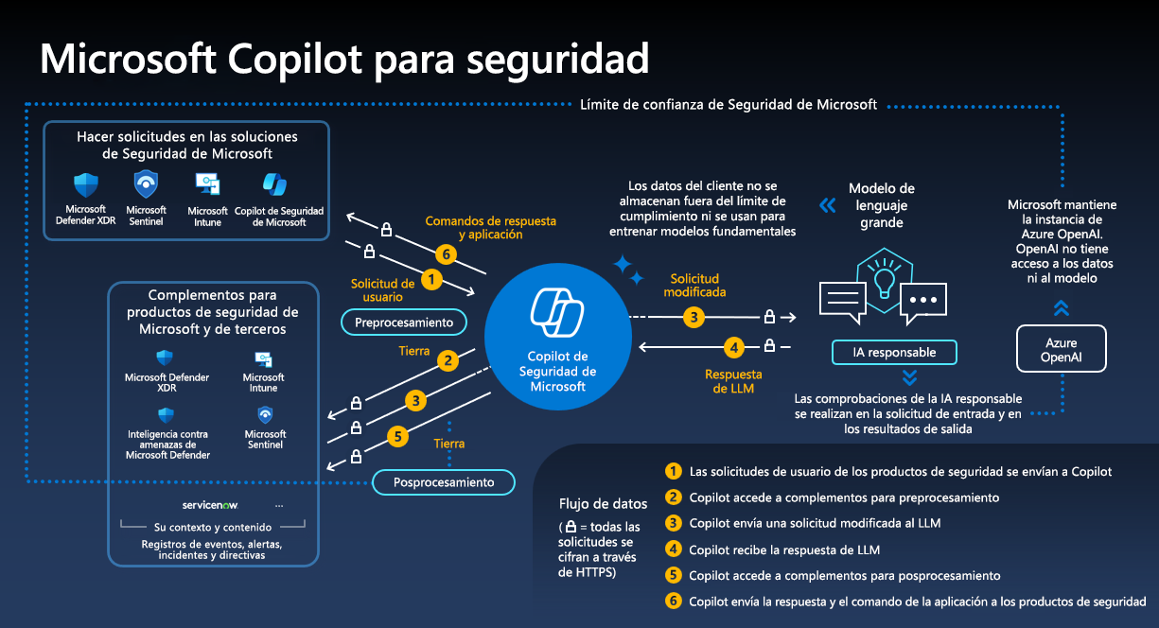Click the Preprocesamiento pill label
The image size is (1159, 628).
(x=404, y=323)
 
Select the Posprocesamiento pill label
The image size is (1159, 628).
(x=444, y=482)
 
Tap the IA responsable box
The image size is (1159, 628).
(x=894, y=353)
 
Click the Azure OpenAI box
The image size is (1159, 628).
(x=1060, y=349)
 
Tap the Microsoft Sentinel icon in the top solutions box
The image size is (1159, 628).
(x=146, y=183)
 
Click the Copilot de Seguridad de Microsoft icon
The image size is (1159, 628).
(x=274, y=183)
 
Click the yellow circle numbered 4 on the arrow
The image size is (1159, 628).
(x=733, y=347)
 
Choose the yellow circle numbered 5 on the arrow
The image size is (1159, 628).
(x=398, y=436)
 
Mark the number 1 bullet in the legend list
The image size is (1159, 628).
(x=674, y=471)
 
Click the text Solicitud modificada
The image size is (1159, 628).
(x=694, y=286)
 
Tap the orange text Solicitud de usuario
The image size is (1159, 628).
(x=382, y=288)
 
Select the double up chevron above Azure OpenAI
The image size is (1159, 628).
(x=1061, y=307)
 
